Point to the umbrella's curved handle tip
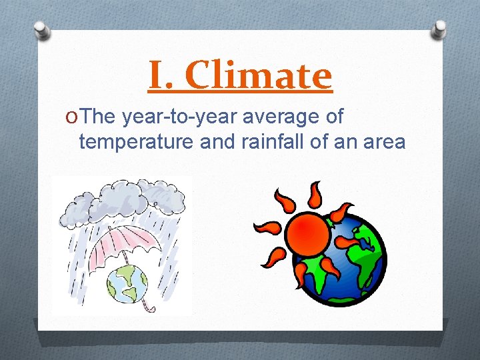(x=150, y=308)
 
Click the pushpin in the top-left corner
(x=42, y=30)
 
